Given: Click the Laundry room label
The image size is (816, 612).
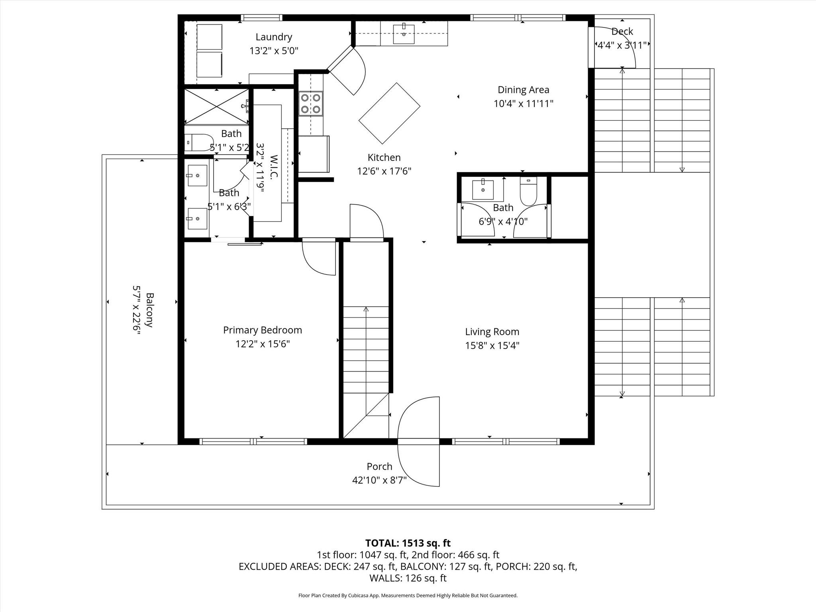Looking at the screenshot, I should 274,37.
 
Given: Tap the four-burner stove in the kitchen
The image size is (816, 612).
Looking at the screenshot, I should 311,104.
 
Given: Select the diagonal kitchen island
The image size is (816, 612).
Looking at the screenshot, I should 389,113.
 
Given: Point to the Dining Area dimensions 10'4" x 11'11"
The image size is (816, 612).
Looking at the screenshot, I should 523,104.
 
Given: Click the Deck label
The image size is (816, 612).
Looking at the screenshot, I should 622,31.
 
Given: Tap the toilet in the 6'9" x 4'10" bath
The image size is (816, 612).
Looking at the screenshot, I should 528,190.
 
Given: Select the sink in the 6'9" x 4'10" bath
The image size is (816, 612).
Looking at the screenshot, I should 483,189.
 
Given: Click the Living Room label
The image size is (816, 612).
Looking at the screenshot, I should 492,331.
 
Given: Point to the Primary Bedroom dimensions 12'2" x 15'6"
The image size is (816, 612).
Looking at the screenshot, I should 262,344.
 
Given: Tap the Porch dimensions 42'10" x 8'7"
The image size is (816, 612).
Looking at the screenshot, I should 379,480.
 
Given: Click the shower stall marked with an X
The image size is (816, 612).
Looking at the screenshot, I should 216,106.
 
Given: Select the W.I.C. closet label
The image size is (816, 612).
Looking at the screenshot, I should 274,167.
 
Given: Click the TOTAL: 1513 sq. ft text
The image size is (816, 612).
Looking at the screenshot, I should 408,543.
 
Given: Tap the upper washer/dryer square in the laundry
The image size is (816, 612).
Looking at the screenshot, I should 210,37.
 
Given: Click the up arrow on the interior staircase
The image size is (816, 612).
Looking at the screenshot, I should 366,309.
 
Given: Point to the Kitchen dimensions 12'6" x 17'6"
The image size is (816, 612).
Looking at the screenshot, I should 384,171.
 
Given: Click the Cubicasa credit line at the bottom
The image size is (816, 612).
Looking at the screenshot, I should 408,596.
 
